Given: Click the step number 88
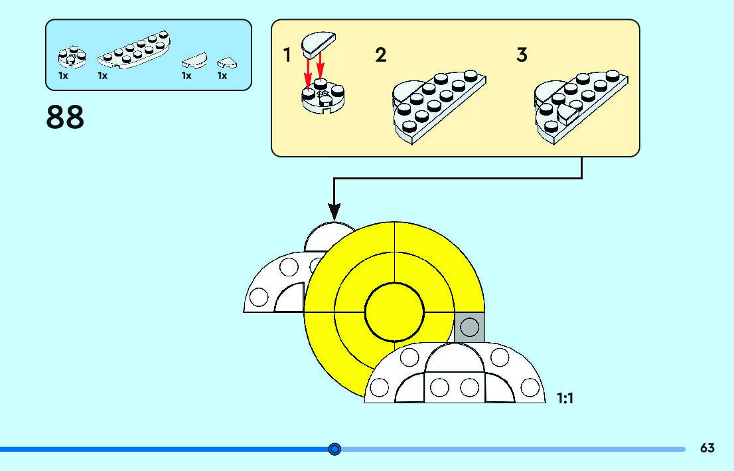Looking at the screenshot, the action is click(x=65, y=117).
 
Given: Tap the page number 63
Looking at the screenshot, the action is click(x=707, y=448).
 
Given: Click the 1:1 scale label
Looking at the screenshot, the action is click(x=565, y=399).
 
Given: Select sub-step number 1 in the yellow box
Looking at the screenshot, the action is click(x=287, y=55).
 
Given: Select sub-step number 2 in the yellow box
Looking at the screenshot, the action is click(x=380, y=55).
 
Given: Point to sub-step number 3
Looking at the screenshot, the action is click(x=522, y=55).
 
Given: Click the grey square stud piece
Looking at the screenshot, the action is click(x=469, y=327).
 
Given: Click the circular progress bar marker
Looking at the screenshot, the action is click(x=334, y=450).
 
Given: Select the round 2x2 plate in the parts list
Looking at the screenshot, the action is click(x=71, y=58).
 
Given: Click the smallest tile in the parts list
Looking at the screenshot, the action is click(x=227, y=63).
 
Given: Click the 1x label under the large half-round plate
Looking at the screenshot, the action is click(x=103, y=76).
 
